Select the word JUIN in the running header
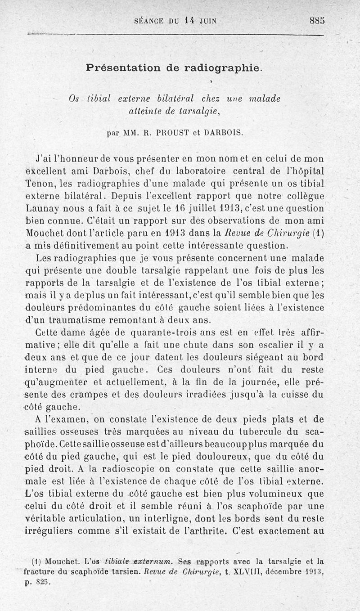point(207,20)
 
